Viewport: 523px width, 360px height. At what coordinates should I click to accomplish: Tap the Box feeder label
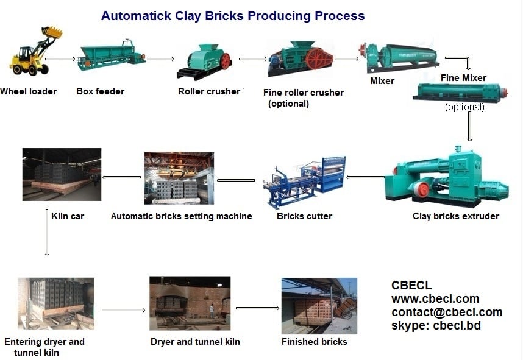[x=100, y=91]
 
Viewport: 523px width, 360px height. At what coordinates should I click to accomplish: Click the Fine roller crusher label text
[x=303, y=93]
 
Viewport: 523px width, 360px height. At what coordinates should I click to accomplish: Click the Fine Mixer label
[x=463, y=78]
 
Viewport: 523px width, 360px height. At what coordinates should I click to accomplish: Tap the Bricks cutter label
[x=304, y=216]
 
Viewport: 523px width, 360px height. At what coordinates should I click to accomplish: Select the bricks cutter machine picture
[x=304, y=181]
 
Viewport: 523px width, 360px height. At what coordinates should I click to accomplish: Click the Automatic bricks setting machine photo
[x=179, y=178]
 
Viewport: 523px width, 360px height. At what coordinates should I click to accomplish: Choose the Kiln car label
[x=68, y=216]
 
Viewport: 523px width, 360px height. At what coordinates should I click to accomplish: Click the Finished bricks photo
[x=319, y=306]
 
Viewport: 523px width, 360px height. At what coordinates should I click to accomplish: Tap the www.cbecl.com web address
[x=435, y=299]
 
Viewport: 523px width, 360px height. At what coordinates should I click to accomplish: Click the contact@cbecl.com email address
[x=447, y=312]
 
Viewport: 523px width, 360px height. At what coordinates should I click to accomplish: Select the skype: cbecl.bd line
[x=436, y=326]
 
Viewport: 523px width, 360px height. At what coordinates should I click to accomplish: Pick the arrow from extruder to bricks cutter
[x=365, y=177]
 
